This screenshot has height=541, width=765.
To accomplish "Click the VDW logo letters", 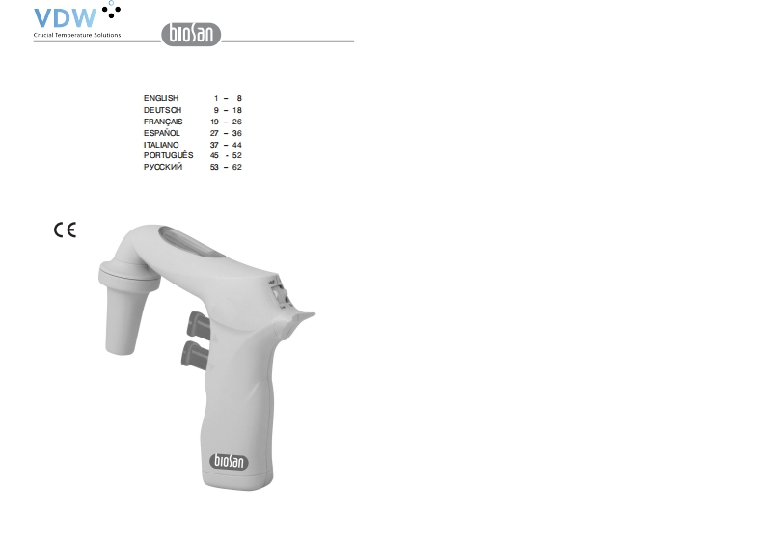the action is pyautogui.click(x=65, y=18).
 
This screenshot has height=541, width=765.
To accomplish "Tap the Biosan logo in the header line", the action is pyautogui.click(x=191, y=34).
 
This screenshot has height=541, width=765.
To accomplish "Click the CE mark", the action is pyautogui.click(x=65, y=230).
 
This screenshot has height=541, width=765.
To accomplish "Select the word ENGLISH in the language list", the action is pyautogui.click(x=161, y=98).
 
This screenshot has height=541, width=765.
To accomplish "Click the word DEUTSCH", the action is pyautogui.click(x=162, y=110).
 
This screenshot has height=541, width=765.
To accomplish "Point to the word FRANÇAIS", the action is pyautogui.click(x=163, y=122).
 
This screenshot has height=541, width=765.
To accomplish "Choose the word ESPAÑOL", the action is pyautogui.click(x=162, y=133).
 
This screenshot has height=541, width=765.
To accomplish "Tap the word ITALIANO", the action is pyautogui.click(x=161, y=145).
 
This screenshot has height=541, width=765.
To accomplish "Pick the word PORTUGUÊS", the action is pyautogui.click(x=168, y=155).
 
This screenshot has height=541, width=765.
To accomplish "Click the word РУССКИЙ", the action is pyautogui.click(x=163, y=167).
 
